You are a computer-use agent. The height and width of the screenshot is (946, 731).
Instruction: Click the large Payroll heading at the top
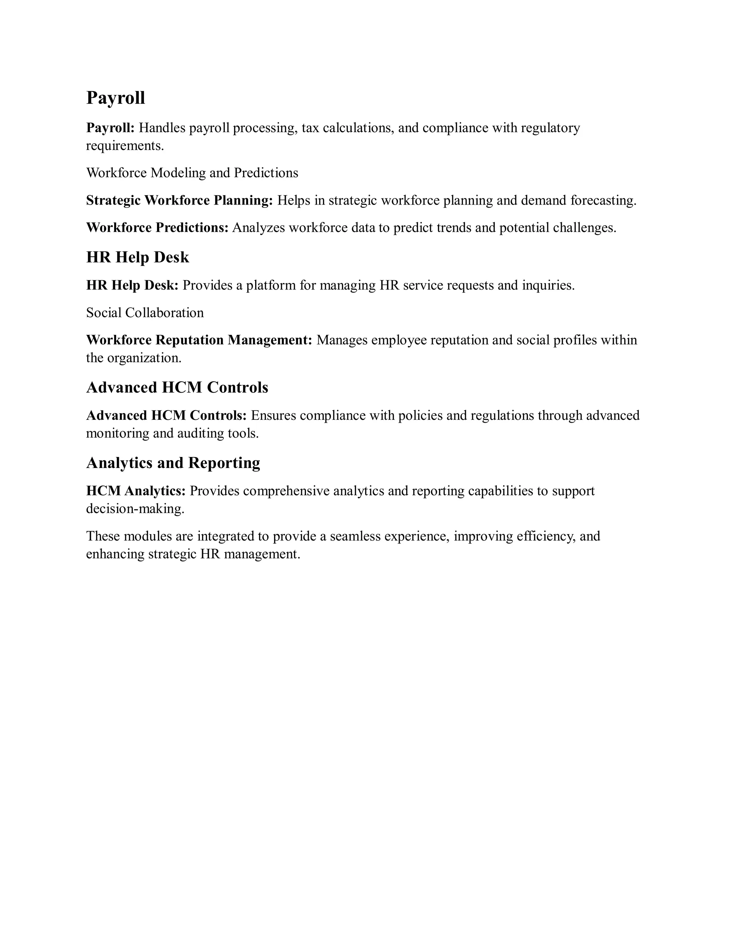[x=116, y=98]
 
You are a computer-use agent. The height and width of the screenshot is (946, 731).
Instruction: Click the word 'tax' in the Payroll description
[x=310, y=128]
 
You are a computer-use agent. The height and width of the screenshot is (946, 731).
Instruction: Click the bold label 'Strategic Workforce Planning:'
[x=179, y=200]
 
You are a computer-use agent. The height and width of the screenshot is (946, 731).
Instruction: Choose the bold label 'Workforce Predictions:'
[x=157, y=227]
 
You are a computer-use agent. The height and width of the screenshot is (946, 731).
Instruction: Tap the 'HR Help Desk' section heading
[x=138, y=257]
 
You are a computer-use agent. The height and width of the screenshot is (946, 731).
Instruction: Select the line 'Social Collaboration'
[x=145, y=313]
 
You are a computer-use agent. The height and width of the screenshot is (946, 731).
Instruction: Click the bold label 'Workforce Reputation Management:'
[x=199, y=340]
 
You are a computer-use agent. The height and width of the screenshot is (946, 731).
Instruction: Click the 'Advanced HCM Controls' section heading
[x=177, y=387]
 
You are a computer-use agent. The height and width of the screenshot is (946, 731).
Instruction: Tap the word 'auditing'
[x=201, y=434]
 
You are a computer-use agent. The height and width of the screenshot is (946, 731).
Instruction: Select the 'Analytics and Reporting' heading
[x=173, y=463]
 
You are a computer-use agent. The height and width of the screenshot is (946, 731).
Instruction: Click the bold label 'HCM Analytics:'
[x=136, y=491]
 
